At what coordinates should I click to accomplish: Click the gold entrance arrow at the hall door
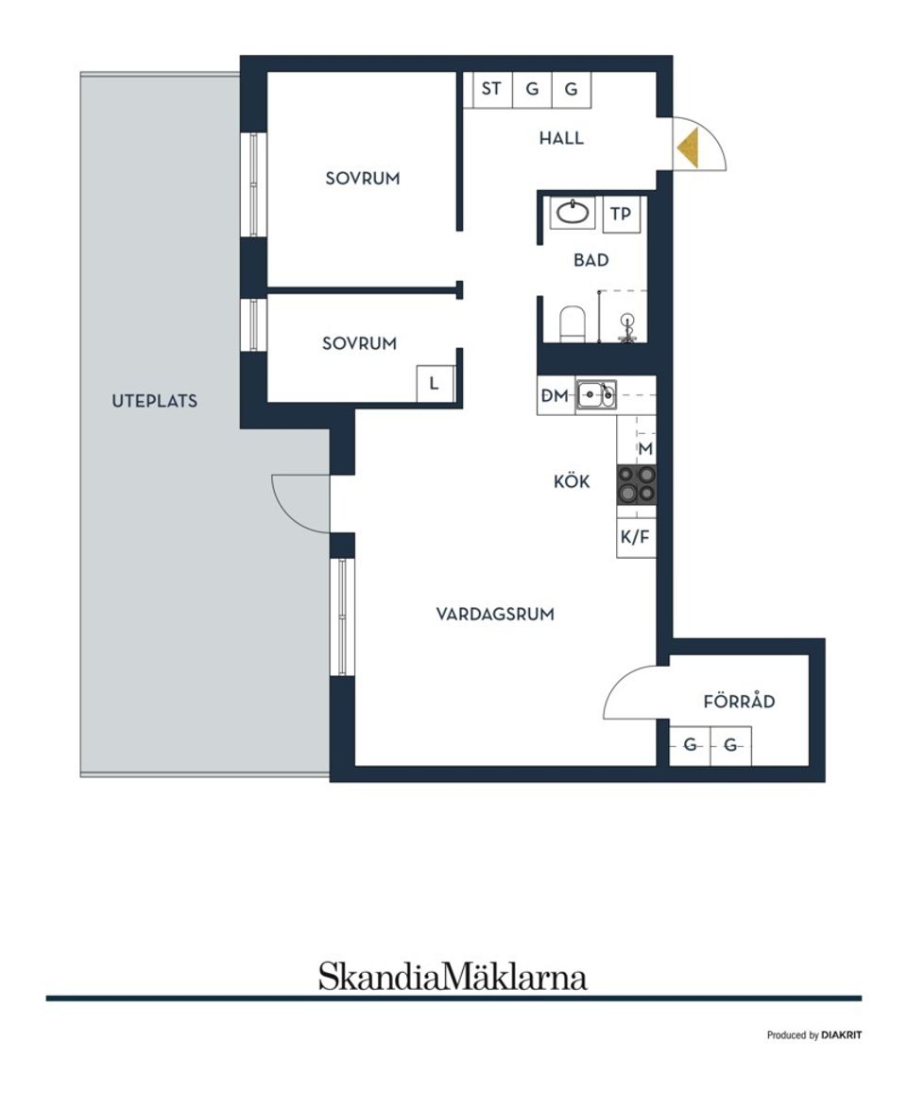pos(690,148)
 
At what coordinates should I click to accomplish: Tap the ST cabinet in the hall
pos(491,90)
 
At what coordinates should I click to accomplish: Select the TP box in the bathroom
pos(621,214)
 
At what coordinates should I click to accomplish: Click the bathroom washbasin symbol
pos(573,213)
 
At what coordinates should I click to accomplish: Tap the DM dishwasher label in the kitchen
pos(555,397)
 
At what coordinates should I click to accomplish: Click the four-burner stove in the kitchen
pos(636,483)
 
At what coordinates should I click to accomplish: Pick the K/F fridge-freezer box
pos(635,538)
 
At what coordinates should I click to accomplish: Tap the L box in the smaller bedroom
pos(435,384)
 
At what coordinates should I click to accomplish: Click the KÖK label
pos(572,482)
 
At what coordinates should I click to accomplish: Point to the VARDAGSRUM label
pos(495,615)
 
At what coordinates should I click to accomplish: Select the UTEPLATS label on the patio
pos(155,401)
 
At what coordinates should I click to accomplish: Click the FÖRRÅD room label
pos(740,702)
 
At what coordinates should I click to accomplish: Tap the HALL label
pos(561,138)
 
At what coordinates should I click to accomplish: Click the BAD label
pos(591,260)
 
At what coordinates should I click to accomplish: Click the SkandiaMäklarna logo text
pos(453,976)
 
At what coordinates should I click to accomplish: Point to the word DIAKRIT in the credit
pos(841,1035)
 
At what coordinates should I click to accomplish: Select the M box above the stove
pos(646,448)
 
